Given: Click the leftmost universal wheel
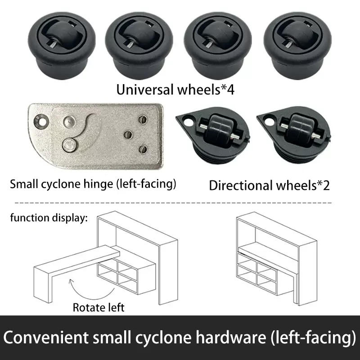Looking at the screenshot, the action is point(62,45).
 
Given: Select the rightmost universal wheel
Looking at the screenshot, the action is point(297,45).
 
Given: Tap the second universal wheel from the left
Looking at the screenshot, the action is point(139,45).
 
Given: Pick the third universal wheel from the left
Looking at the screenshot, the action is point(218,45).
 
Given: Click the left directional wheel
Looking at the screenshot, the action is point(213,135).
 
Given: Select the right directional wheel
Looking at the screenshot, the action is point(294,135).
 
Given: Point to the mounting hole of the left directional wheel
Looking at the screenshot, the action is point(189,121).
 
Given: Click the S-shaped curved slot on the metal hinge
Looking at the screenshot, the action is point(88,130).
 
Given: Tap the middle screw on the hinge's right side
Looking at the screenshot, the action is point(128,135).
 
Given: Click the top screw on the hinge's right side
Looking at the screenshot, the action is point(143,119).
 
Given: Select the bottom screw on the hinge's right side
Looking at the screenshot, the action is point(143,149).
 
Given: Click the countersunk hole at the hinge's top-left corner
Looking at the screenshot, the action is point(41,121).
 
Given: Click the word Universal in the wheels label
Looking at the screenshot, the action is point(145,90).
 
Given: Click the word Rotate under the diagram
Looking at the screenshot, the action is point(87,307).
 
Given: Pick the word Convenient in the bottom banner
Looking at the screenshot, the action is point(46,337).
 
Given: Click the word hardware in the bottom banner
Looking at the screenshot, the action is point(231,337).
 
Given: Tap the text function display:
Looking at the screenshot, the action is point(49,218).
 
